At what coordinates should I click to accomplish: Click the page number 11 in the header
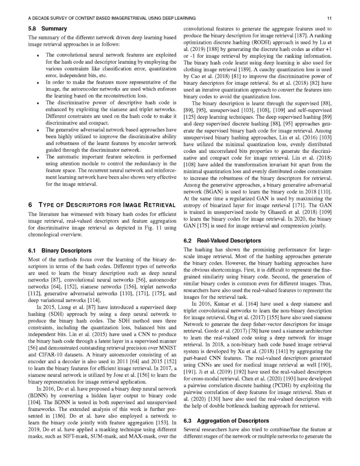[329, 18]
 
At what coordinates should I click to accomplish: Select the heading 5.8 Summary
[47, 29]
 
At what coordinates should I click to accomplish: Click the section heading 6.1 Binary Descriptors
[60, 251]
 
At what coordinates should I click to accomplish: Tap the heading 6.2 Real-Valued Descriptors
[222, 241]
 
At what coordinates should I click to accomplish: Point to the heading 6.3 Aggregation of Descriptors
[226, 421]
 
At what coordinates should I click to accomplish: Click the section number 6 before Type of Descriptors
[30, 205]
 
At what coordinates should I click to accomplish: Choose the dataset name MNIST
[168, 348]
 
